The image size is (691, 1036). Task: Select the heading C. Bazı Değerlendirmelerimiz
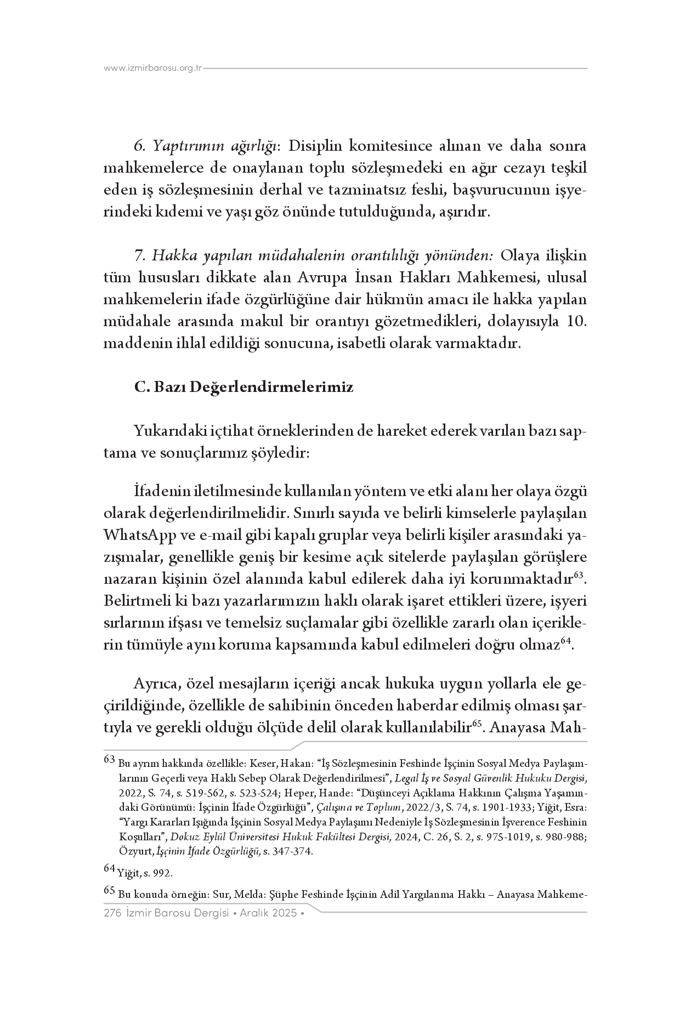click(x=244, y=388)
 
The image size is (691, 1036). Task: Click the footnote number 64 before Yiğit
click(x=110, y=868)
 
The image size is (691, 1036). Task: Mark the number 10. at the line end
click(x=575, y=322)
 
